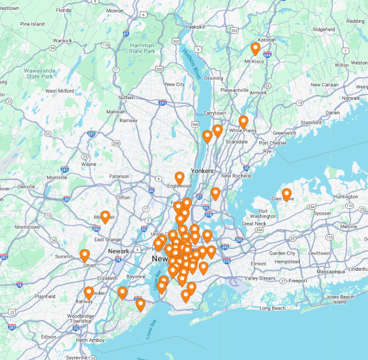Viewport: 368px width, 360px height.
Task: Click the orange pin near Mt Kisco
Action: click(x=255, y=49)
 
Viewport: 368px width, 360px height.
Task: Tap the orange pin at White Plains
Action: click(x=243, y=122)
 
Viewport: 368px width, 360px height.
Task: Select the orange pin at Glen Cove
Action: click(x=286, y=195)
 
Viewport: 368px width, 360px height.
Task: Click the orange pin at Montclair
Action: click(x=106, y=217)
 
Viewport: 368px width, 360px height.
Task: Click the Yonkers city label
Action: click(x=202, y=171)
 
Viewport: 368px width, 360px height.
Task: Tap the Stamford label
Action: click(x=311, y=123)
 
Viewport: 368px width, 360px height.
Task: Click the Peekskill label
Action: click(x=196, y=26)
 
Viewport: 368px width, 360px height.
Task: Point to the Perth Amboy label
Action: click(x=90, y=340)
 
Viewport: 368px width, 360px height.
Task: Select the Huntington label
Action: click(x=346, y=197)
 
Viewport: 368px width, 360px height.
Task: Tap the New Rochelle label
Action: click(x=236, y=176)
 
